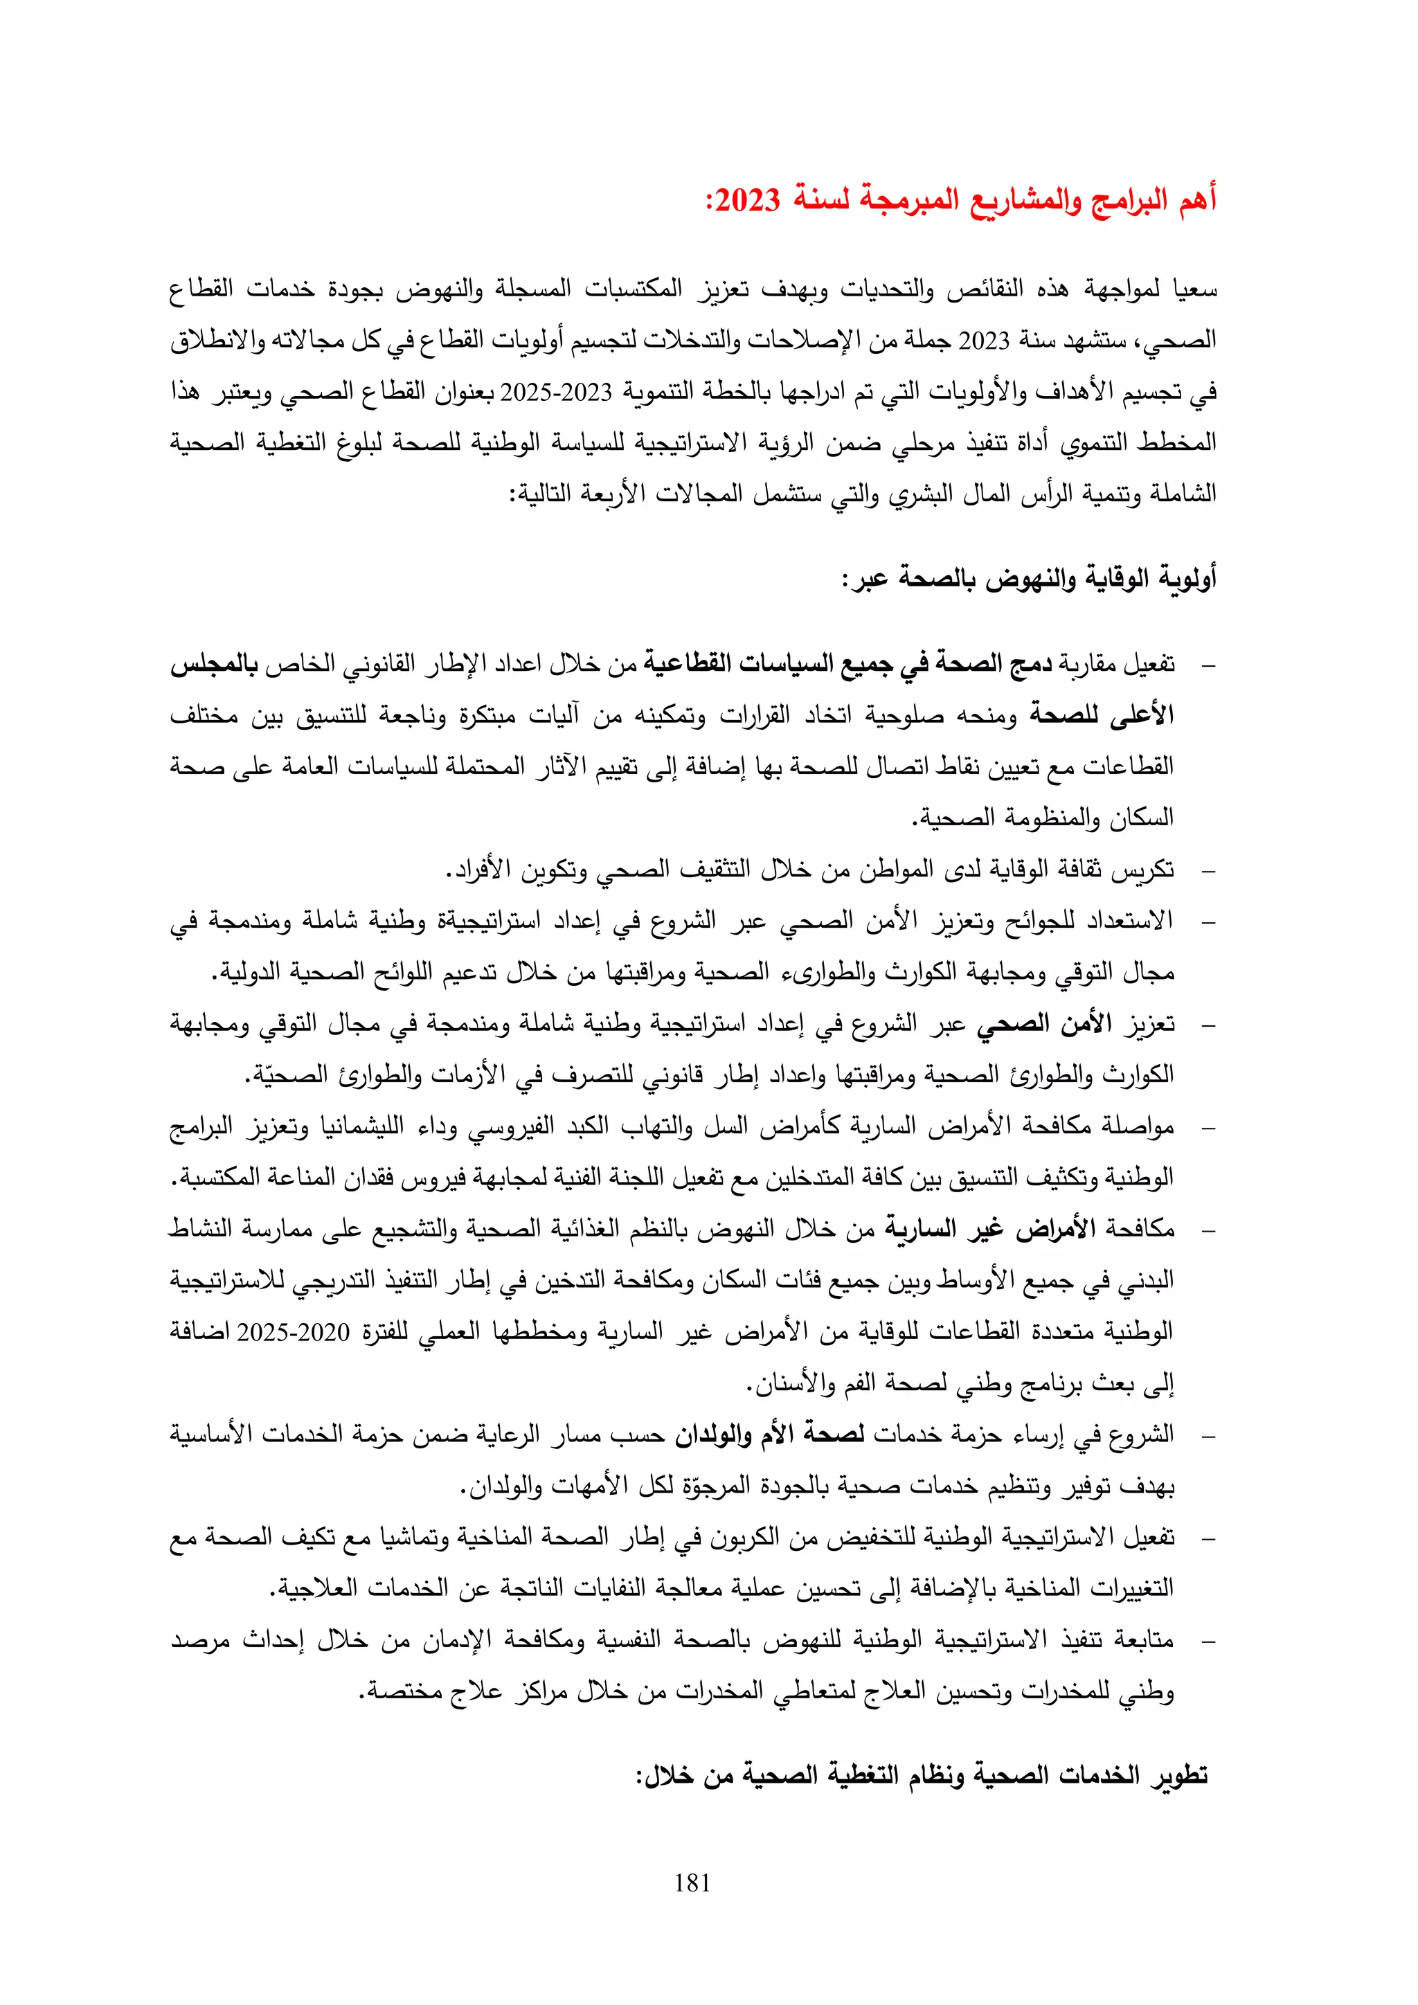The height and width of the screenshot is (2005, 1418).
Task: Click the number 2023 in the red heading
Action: pos(747,200)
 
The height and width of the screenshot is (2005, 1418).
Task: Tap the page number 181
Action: pos(692,1882)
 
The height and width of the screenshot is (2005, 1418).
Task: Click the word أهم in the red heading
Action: pos(1197,200)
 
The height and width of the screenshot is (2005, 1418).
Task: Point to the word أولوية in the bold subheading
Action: pos(1187,578)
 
